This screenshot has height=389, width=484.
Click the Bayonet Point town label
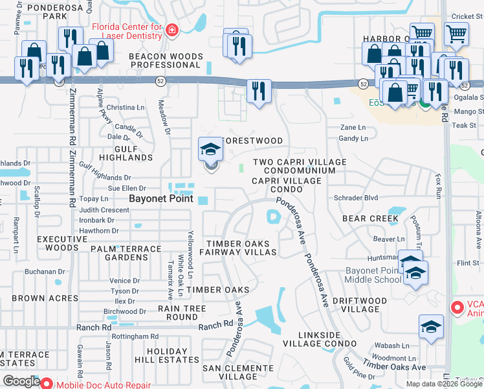tap(161, 199)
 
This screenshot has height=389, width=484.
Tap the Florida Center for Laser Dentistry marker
tap(171, 30)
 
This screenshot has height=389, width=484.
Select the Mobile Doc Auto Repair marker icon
tap(47, 384)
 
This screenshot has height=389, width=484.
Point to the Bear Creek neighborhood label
tap(370, 219)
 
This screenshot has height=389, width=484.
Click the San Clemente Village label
tap(238, 372)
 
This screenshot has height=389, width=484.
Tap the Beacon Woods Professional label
tap(166, 61)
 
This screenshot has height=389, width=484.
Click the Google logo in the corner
tap(21, 382)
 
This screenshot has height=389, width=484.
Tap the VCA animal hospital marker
tap(457, 306)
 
